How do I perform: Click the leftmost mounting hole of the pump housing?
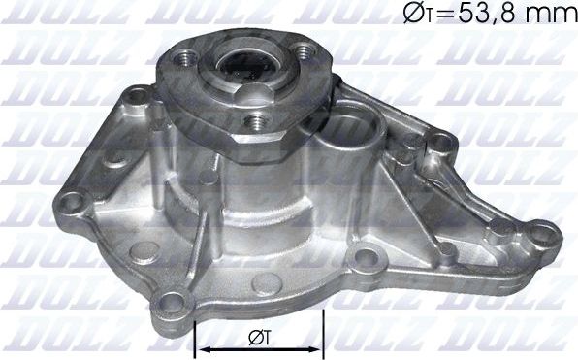point(69,204)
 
